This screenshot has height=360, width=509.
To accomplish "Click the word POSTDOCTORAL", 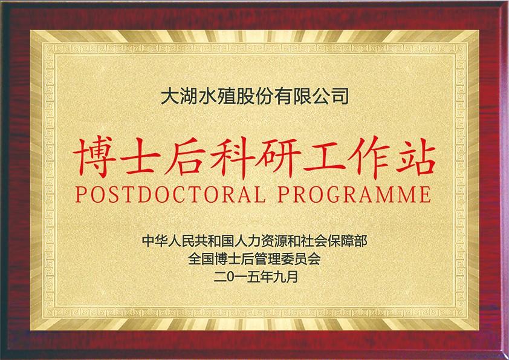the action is [170, 194].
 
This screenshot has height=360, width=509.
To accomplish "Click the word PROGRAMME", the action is [354, 194].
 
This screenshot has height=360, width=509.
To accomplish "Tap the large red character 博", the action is [95, 157].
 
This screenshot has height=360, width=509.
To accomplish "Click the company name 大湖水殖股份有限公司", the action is [255, 96].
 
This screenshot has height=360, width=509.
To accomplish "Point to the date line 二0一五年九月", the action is [256, 277].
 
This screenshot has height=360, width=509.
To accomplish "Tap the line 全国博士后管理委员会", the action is [254, 258].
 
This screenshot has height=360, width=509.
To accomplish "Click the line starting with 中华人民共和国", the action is [254, 241].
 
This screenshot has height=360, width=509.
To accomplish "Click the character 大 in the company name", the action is [170, 96].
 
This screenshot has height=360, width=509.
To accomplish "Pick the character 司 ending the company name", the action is [340, 96].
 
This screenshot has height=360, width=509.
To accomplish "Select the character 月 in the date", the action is [292, 277].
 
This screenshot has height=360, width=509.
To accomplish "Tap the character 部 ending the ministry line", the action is [361, 241].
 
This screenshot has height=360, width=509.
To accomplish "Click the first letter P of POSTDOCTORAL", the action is [80, 194].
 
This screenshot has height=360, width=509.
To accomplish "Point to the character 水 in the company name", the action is [207, 96].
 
